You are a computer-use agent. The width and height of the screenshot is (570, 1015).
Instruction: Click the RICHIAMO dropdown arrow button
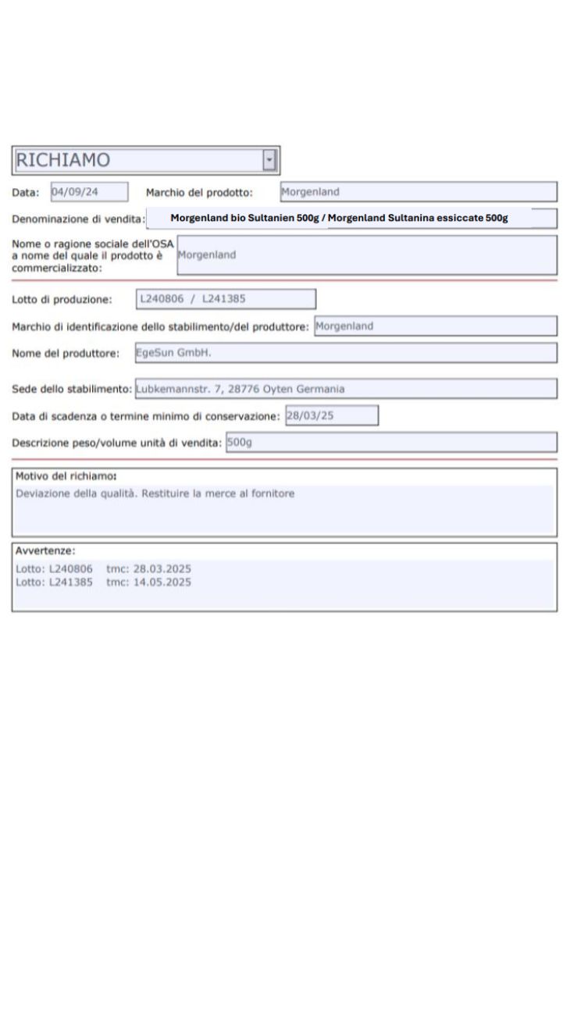(x=270, y=161)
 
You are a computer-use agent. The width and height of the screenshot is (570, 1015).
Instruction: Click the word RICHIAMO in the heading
(x=63, y=160)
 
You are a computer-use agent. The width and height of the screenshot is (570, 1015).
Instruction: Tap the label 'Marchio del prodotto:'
(x=198, y=192)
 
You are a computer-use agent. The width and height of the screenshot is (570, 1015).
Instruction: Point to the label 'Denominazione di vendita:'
(x=78, y=218)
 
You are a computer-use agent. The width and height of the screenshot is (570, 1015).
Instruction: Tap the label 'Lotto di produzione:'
(x=62, y=299)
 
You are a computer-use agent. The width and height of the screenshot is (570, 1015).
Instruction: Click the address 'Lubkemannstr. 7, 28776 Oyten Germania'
(x=240, y=388)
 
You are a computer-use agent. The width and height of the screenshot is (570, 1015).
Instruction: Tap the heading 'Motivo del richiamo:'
(x=66, y=476)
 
